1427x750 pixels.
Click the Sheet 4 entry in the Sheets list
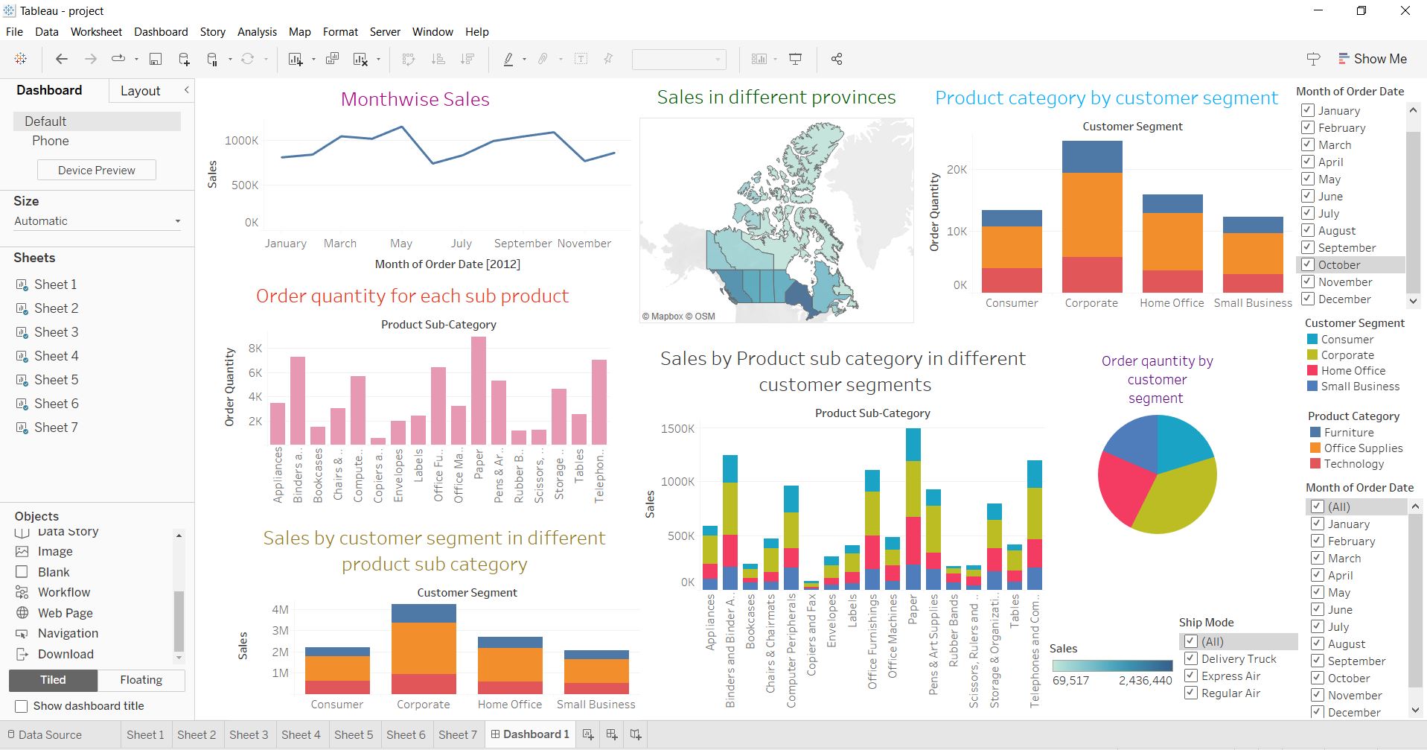pyautogui.click(x=56, y=356)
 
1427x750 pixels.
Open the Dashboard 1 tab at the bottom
pyautogui.click(x=530, y=734)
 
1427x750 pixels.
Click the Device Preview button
pyautogui.click(x=97, y=170)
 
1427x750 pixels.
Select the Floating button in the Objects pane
pyautogui.click(x=141, y=680)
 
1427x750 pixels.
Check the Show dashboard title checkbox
pyautogui.click(x=22, y=706)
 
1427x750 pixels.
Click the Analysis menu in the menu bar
pyautogui.click(x=257, y=32)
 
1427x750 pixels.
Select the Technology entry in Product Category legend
pyautogui.click(x=1353, y=464)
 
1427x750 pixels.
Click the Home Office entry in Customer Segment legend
pyautogui.click(x=1353, y=371)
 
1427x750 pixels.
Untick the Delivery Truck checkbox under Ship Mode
pyautogui.click(x=1191, y=659)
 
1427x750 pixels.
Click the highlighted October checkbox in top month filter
pyautogui.click(x=1308, y=264)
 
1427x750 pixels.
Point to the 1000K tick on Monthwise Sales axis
pyautogui.click(x=241, y=140)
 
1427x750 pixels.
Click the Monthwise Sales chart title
pyautogui.click(x=415, y=100)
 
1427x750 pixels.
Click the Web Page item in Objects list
pyautogui.click(x=65, y=613)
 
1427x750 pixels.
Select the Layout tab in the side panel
pyautogui.click(x=140, y=91)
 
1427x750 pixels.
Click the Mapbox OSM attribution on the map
pyautogui.click(x=678, y=317)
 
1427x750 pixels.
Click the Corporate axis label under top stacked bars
pyautogui.click(x=1091, y=303)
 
